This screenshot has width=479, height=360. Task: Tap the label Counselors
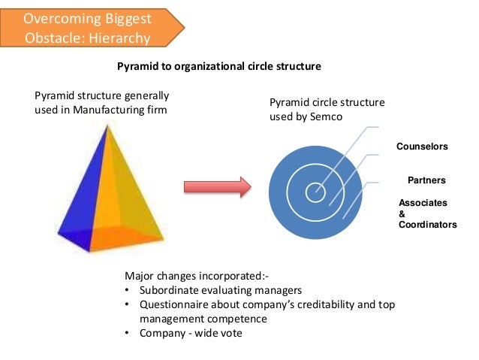[x=421, y=147]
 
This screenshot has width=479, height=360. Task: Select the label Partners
[x=426, y=180]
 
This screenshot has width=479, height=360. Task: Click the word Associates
[x=423, y=203]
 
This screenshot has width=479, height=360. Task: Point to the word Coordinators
[x=427, y=225]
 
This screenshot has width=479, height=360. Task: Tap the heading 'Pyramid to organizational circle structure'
[x=219, y=66]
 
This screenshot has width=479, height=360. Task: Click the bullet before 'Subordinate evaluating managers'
[x=128, y=290]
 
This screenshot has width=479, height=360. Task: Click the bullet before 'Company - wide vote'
[x=128, y=333]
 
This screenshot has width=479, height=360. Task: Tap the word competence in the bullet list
[x=233, y=319]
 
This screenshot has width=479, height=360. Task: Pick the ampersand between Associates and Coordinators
[x=402, y=214]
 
